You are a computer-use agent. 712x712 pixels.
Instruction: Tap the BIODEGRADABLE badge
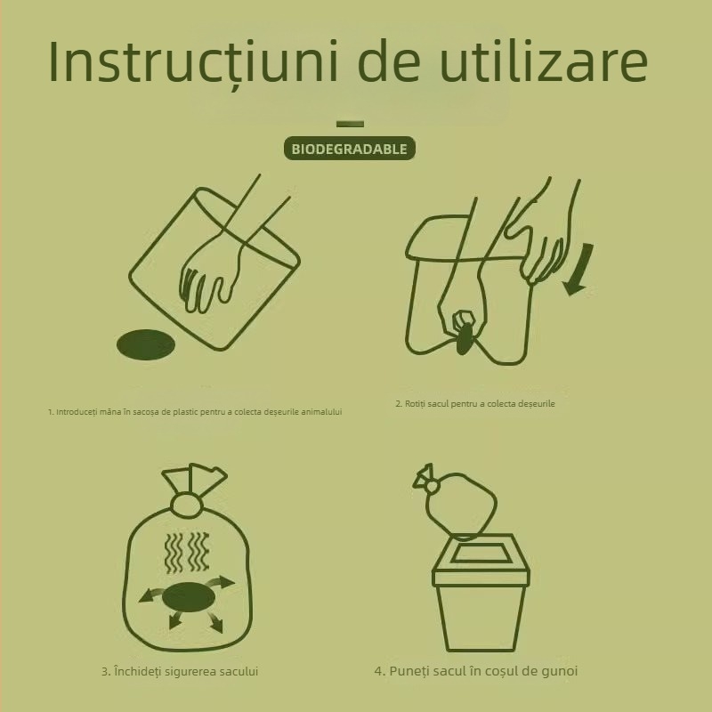click(x=350, y=149)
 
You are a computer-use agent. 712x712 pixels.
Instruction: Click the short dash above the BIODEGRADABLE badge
click(x=350, y=124)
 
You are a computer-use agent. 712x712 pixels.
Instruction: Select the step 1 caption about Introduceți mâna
click(x=195, y=412)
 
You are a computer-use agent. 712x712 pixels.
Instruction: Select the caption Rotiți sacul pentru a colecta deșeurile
click(x=475, y=404)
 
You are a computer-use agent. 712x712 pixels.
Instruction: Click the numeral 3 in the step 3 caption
click(x=104, y=671)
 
